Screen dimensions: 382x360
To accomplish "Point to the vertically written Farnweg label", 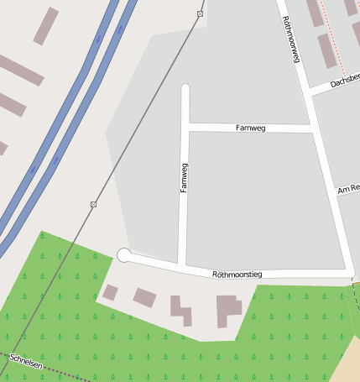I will point(185,178).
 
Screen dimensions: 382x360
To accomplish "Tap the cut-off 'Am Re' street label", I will point(347,191).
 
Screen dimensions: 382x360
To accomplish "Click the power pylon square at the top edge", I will point(200,14).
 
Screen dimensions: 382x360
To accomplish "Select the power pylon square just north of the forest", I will point(93,204).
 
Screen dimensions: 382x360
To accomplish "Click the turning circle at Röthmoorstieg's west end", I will point(124,254).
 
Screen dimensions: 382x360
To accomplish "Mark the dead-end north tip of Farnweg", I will point(185,88).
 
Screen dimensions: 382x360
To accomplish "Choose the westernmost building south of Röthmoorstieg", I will point(110,292).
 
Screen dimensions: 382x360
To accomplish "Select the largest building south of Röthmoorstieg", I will point(227,310).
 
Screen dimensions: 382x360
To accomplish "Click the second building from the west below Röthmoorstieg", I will point(144,297).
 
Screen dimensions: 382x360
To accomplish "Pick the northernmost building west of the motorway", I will point(46,26).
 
